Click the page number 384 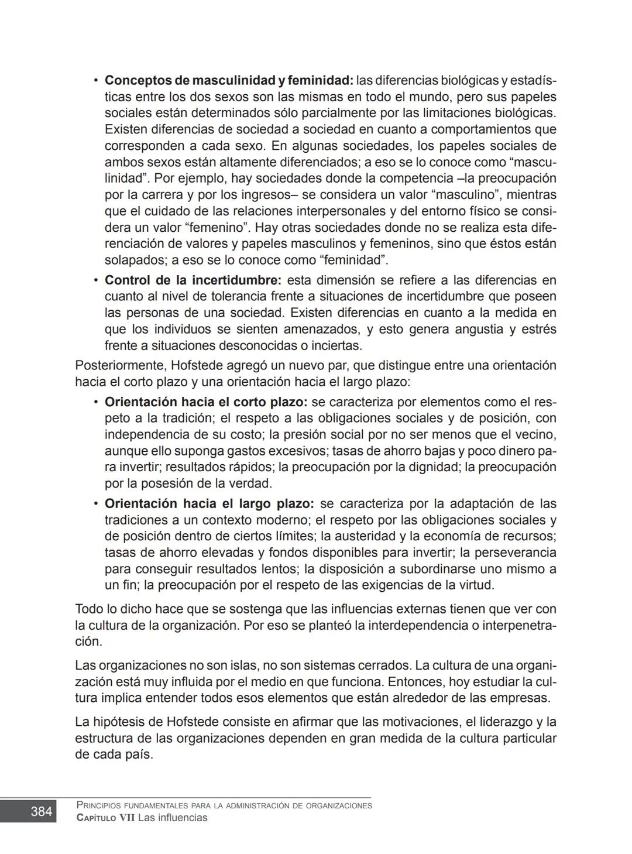coord(41,811)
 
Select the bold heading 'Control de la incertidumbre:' coord(193,280)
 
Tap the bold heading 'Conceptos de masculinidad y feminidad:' coord(229,80)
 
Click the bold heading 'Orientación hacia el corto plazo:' coord(206,402)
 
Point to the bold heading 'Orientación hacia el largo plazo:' coord(209,503)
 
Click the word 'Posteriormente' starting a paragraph coord(121,366)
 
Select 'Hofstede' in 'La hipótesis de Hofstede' coord(193,722)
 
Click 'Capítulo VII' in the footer coord(105,818)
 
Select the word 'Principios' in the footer coord(99,805)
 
